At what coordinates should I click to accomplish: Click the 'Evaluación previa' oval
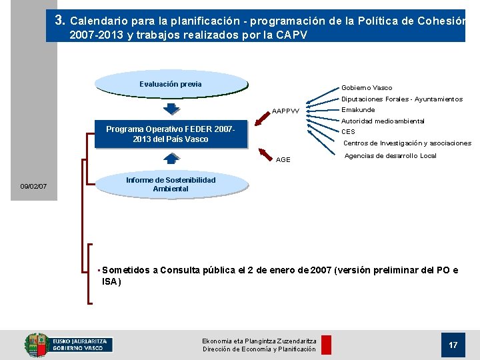coord(171,84)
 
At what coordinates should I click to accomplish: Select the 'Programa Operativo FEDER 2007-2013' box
coord(171,134)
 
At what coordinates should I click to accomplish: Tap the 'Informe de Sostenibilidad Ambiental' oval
coord(171,185)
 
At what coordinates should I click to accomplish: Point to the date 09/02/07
coord(33,186)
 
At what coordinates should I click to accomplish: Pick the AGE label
coord(283,160)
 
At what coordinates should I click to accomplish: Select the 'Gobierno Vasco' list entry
coord(367,87)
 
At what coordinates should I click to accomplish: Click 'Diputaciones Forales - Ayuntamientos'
coord(401,99)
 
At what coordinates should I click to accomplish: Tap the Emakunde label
coord(358,110)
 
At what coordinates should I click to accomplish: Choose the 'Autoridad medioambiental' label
coord(383,121)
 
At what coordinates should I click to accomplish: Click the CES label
coord(348,132)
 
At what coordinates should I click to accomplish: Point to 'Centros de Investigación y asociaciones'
coord(407,143)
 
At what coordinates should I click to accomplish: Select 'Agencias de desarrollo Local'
coord(390,156)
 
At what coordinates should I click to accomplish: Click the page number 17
coord(453,345)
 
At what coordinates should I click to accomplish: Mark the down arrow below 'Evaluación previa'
coord(171,109)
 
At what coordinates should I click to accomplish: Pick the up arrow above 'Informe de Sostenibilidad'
coord(171,158)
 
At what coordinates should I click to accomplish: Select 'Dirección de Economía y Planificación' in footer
coord(259,349)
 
